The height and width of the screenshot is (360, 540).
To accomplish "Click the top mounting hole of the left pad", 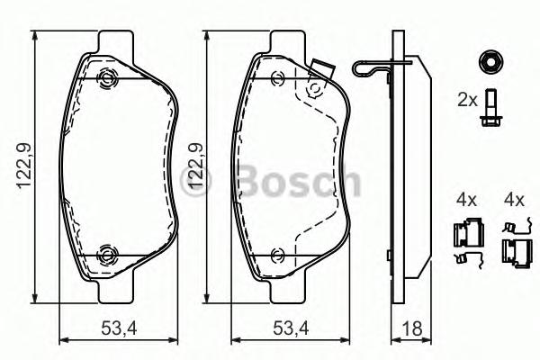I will [106, 78].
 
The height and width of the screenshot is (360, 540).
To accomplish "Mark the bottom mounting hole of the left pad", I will [106, 255].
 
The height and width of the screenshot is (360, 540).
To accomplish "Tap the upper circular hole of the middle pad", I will [314, 89].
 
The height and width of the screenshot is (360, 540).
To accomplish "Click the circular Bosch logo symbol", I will [196, 184].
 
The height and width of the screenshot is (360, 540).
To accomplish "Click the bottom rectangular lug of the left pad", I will [114, 290].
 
